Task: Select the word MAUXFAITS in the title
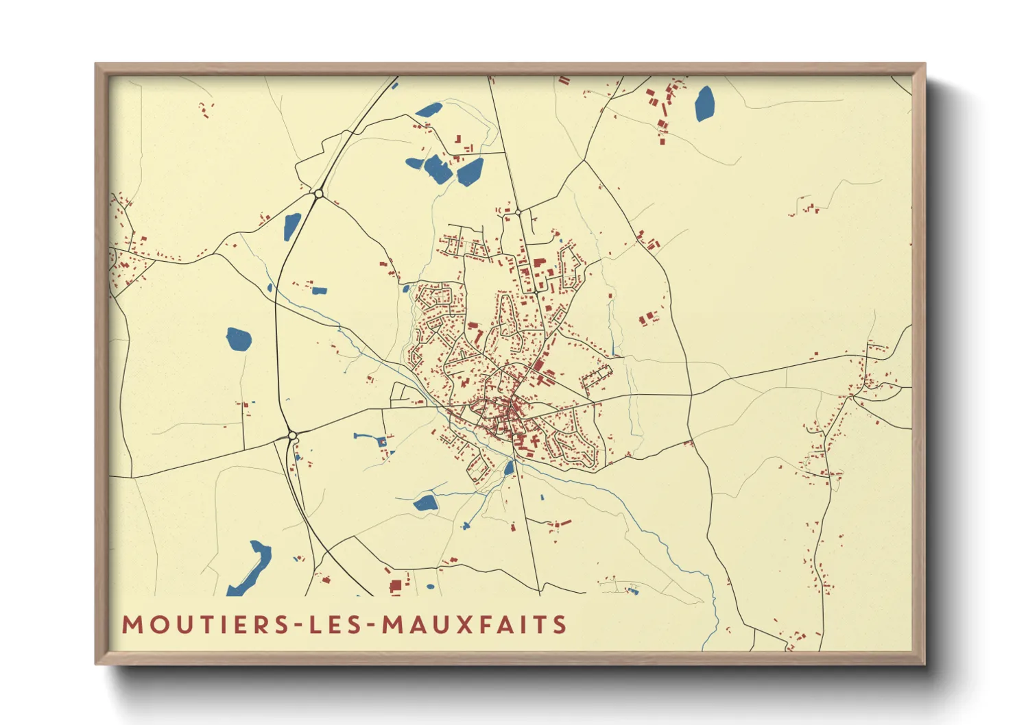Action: (x=474, y=625)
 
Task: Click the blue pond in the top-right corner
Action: (x=704, y=103)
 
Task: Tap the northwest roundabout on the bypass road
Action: (x=318, y=195)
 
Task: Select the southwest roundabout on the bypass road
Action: (x=292, y=435)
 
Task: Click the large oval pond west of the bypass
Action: (x=239, y=339)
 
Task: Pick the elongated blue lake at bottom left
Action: (x=252, y=568)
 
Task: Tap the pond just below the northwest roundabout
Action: (x=291, y=225)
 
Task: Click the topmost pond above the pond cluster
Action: (x=429, y=110)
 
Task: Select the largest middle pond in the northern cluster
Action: (x=437, y=169)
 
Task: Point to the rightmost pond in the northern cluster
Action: (x=470, y=171)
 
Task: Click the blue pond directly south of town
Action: (x=425, y=504)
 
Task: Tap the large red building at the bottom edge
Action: (x=395, y=586)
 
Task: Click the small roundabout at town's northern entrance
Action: (x=518, y=212)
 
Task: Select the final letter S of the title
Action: (x=561, y=625)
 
